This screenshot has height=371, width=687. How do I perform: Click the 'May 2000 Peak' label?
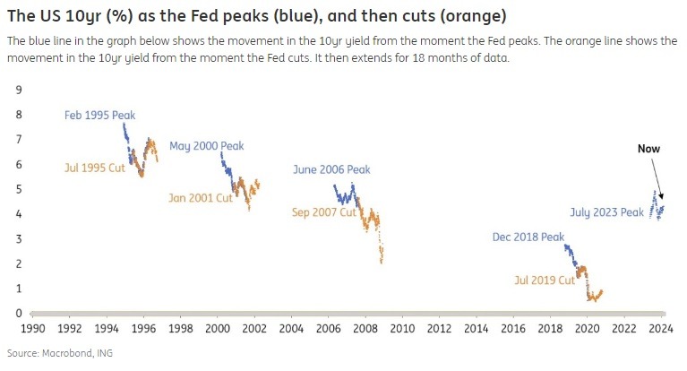coord(206,146)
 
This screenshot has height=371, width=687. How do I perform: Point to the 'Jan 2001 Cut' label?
coord(201,198)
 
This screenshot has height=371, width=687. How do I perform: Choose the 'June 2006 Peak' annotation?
coord(331,170)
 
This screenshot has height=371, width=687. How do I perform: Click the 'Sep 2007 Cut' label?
coord(323,212)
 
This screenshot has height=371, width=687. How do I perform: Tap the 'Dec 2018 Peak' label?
coord(528,237)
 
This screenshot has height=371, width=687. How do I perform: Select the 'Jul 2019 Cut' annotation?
coord(544,280)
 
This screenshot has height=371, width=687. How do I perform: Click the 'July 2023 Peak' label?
coord(606,212)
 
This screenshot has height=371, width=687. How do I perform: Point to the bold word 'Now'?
coord(648,149)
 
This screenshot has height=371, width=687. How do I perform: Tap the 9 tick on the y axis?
coord(19,90)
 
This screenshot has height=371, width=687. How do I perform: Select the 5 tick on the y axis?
coord(19,189)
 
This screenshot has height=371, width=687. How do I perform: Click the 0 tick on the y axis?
coord(19,314)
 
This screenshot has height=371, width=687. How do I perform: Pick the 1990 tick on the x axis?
coord(32,328)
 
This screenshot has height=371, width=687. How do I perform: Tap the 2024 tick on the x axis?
coord(662,328)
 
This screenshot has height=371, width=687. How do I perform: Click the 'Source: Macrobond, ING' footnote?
coord(59,353)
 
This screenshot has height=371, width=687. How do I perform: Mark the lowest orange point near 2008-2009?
coord(382,262)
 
